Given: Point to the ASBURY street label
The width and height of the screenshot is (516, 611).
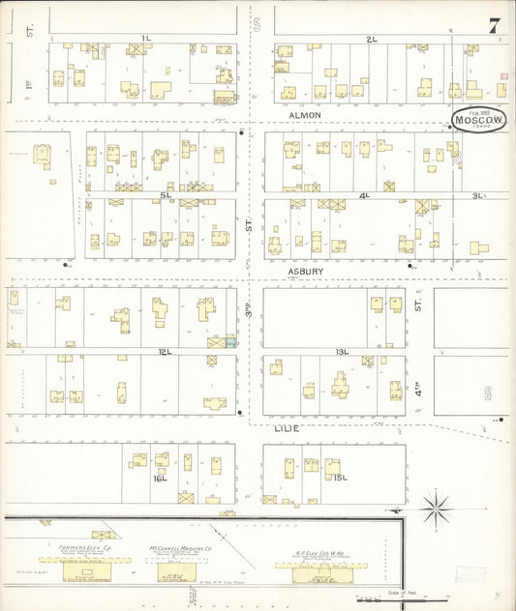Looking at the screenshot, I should click(x=305, y=272).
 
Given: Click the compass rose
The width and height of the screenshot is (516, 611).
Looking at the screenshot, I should click(x=437, y=505).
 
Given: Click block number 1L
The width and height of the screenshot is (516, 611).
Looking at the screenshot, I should click(x=146, y=38).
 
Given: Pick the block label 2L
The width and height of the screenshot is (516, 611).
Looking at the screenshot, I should click(x=371, y=38).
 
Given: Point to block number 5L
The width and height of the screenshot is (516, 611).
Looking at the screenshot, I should click(x=166, y=195).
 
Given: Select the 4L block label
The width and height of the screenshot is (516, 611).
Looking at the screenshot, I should click(x=365, y=195).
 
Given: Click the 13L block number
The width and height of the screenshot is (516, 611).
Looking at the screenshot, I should click(x=342, y=351).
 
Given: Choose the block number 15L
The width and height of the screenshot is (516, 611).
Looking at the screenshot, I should click(x=339, y=478).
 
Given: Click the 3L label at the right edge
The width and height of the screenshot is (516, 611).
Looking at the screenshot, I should click(x=476, y=195).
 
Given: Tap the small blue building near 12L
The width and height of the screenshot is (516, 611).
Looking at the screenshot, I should click(x=231, y=341).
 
